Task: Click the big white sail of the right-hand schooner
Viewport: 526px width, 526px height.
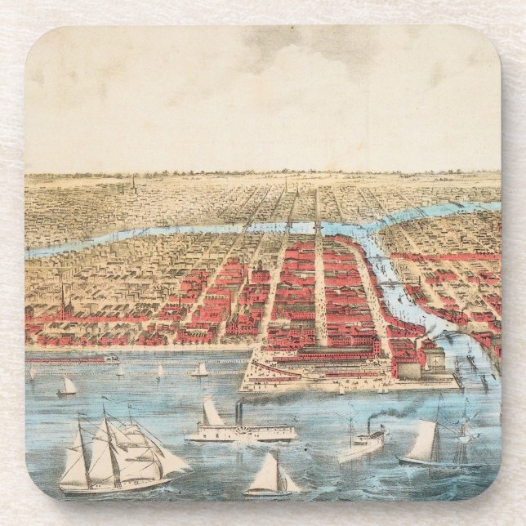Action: click(x=423, y=442)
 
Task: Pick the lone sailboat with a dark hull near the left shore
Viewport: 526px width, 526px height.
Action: click(x=68, y=386)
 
